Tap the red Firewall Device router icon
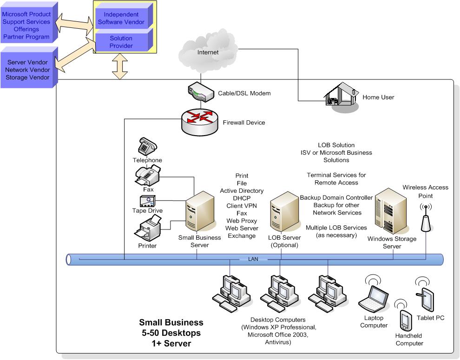[198, 122]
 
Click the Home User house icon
[341, 95]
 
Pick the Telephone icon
[147, 147]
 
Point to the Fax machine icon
[148, 176]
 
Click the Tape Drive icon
[147, 201]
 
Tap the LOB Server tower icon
[284, 212]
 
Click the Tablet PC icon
[427, 300]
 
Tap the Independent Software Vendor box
[124, 19]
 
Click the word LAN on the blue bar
[253, 259]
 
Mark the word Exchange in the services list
[242, 236]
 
